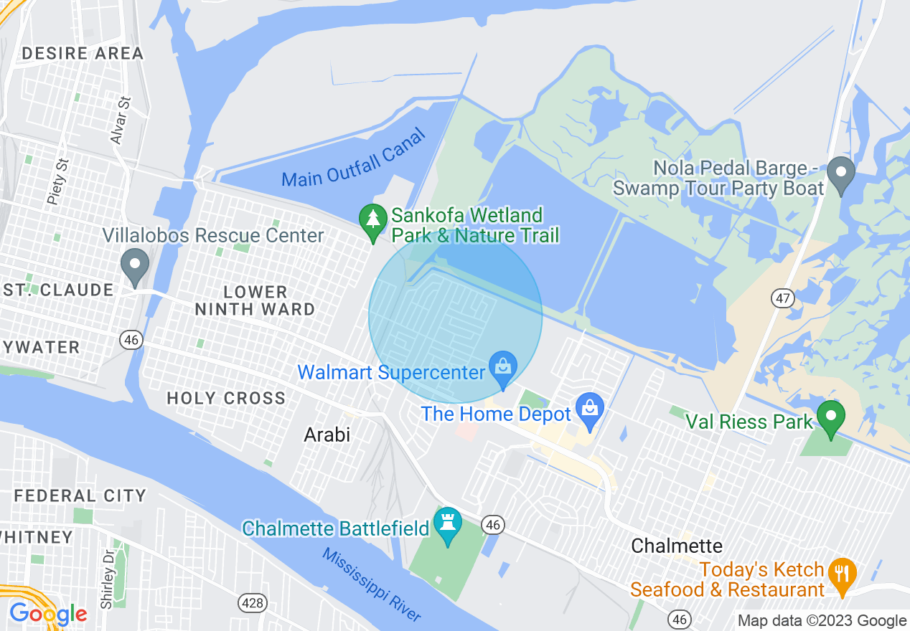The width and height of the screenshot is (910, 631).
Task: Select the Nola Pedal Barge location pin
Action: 840,174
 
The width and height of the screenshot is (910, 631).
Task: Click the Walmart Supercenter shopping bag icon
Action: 503,366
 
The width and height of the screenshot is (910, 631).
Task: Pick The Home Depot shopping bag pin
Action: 590,410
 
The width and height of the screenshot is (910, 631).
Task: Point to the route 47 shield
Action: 784,298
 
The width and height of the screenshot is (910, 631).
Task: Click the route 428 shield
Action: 253,603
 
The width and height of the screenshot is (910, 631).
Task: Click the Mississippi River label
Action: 371,585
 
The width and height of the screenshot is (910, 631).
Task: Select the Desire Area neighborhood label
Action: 83,53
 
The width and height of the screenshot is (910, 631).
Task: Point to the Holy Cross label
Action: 226,398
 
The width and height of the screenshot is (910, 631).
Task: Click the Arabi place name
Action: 327,434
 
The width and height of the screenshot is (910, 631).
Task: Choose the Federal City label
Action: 80,495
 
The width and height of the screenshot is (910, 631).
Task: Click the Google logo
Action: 48,614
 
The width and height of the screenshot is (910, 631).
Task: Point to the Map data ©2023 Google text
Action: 822,621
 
